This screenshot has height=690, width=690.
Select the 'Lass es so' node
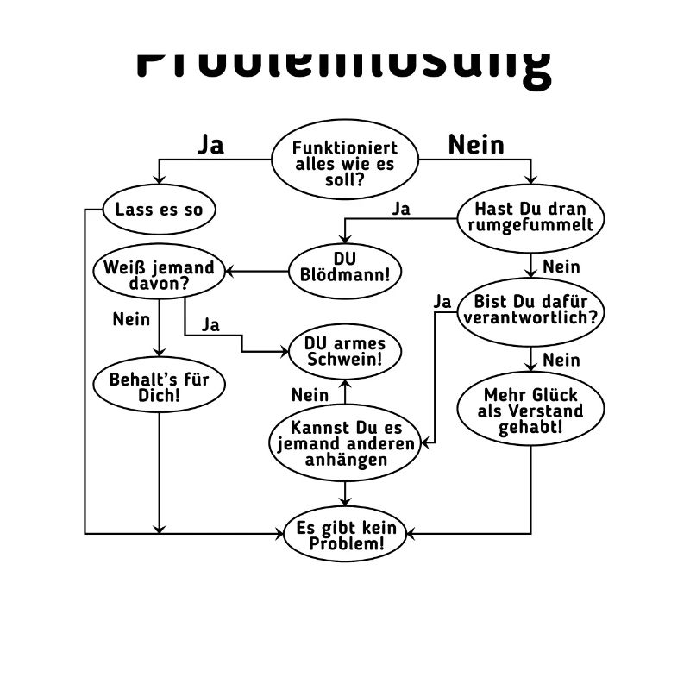159,210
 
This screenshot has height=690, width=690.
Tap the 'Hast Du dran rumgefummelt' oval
530,217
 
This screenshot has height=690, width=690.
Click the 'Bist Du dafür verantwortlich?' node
530,310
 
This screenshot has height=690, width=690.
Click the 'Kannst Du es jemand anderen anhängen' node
345,443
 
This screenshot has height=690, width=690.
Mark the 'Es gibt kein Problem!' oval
345,536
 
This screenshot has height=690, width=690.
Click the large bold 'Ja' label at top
210,144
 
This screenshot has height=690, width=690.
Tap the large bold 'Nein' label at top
475,144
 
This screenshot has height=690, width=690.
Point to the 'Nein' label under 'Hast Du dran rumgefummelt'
561,266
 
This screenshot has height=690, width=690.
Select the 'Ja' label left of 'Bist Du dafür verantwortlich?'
442,301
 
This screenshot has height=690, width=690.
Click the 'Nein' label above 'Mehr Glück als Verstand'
561,359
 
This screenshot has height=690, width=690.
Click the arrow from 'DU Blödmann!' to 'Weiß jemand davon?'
256,271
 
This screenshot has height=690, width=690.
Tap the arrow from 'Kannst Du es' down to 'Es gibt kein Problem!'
345,493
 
